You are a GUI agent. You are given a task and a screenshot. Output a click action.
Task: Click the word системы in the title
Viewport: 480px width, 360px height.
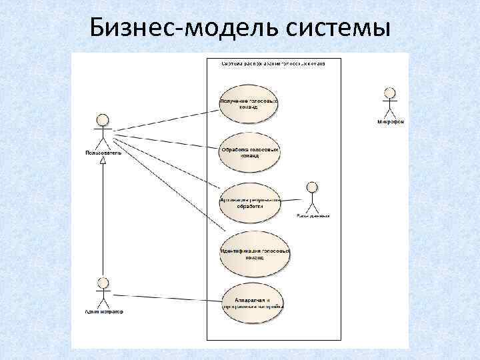tap(339, 29)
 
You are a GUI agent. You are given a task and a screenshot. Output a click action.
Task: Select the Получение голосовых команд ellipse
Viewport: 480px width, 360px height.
tap(248, 104)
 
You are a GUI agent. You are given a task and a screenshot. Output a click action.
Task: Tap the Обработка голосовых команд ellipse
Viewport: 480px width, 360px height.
tap(248, 153)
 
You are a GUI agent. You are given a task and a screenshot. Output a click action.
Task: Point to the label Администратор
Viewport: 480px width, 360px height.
tap(103, 311)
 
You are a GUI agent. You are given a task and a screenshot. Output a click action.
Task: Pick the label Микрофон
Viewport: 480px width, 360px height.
tap(391, 122)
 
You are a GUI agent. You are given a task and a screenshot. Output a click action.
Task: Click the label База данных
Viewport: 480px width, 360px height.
tap(313, 216)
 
